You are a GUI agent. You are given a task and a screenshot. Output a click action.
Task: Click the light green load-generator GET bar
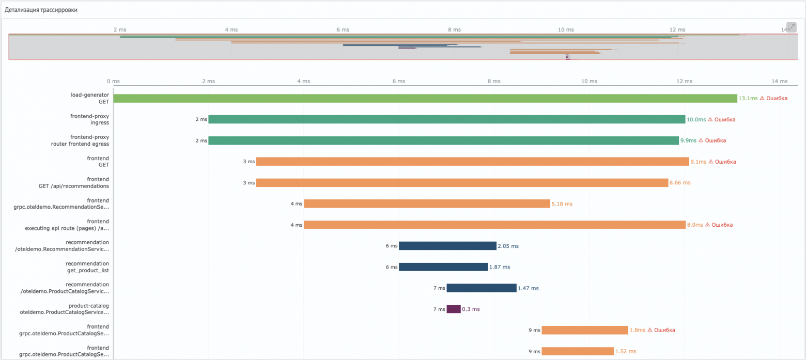[425, 98]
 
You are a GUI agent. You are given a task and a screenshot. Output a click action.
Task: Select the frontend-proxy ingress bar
[446, 119]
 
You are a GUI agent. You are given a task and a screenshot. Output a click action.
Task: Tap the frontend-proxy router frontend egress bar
[443, 140]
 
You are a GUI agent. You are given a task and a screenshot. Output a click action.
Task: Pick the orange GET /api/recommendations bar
[462, 182]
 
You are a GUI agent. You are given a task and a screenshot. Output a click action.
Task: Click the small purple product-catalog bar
[453, 309]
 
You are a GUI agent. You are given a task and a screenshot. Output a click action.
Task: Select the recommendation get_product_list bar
[443, 267]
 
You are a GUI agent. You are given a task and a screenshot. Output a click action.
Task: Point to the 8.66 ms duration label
[679, 182]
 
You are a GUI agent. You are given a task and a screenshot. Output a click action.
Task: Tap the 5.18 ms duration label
[562, 204]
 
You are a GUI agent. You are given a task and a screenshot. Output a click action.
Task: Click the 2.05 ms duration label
[508, 246]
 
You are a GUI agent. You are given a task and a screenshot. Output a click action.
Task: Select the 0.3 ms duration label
[471, 309]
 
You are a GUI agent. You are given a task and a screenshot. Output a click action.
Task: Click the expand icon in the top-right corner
[791, 27]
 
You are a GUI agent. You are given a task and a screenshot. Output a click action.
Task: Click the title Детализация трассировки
[41, 10]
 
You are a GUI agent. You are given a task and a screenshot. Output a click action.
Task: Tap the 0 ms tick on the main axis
[113, 81]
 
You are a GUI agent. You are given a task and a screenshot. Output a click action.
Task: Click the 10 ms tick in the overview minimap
[566, 29]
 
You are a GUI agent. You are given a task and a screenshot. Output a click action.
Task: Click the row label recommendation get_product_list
[87, 267]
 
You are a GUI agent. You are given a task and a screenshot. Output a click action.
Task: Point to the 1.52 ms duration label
[625, 351]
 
